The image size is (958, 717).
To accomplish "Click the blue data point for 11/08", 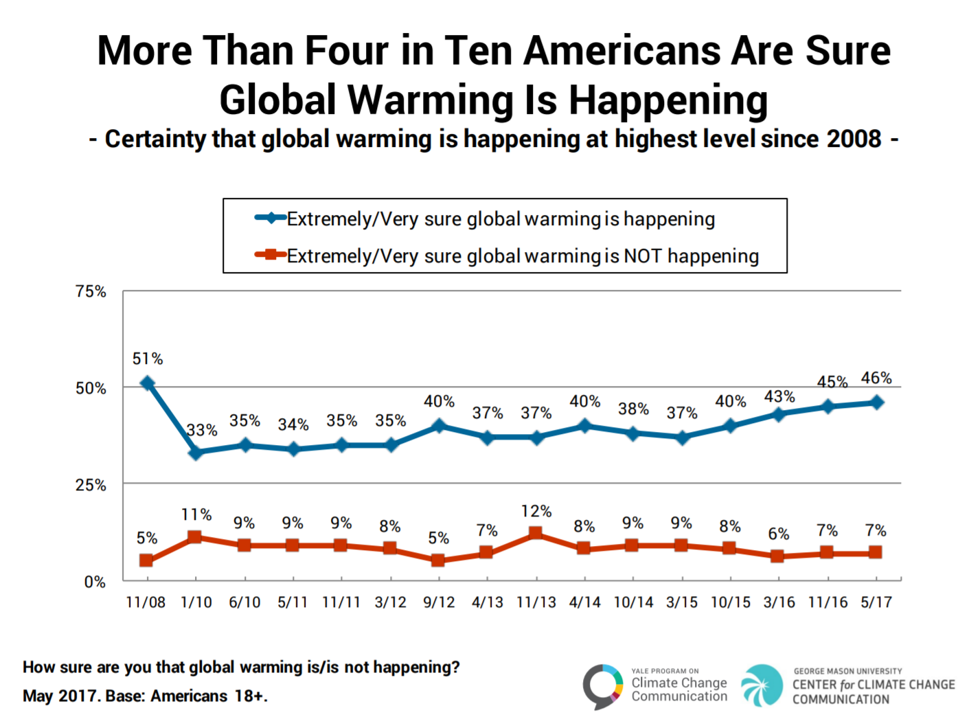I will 147,383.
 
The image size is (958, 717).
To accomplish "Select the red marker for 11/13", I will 536,534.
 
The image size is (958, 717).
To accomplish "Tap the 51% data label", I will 148,358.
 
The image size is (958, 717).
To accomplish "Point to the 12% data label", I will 536,511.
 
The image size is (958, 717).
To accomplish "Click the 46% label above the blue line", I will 876,378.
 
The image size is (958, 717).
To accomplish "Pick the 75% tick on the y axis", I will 91,291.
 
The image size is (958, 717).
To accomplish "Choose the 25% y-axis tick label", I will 91,485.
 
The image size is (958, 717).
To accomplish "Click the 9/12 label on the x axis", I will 439,602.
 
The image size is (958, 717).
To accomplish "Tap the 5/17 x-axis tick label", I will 876,602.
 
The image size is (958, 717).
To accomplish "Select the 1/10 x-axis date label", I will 196,602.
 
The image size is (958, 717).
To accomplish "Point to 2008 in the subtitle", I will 854,139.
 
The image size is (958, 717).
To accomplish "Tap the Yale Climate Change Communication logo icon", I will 603,685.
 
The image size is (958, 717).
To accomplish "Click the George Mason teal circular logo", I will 762,685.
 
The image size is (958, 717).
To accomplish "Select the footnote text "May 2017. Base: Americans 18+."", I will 145,696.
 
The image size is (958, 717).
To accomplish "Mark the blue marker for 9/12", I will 439,426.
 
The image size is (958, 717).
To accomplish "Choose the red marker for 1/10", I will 195,537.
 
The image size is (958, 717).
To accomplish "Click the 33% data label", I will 203,431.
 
